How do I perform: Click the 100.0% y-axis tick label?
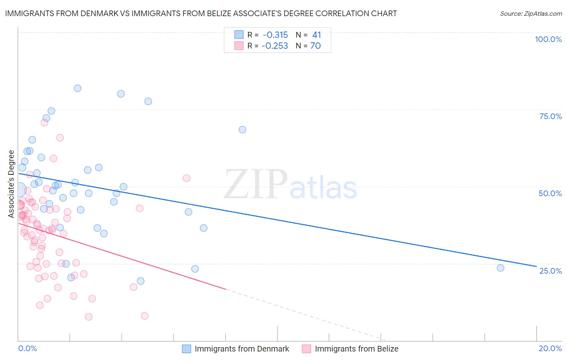548,39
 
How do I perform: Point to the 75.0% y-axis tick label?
550,116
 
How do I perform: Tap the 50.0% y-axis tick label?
550,193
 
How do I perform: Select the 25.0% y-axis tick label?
550,271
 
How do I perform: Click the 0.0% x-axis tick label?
27,348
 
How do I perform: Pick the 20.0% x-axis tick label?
550,348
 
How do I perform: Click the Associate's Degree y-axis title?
11,184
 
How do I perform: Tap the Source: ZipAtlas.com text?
531,14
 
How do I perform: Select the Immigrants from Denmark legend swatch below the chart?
186,349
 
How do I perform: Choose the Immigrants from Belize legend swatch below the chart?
306,349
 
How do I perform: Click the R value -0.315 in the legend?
275,35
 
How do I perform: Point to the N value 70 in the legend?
315,46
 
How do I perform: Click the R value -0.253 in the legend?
275,46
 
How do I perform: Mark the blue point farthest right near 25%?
500,268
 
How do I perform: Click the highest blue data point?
77,88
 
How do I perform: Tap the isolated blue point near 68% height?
242,130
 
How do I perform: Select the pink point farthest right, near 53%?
186,178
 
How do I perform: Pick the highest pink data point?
44,123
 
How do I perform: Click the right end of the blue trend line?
536,266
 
